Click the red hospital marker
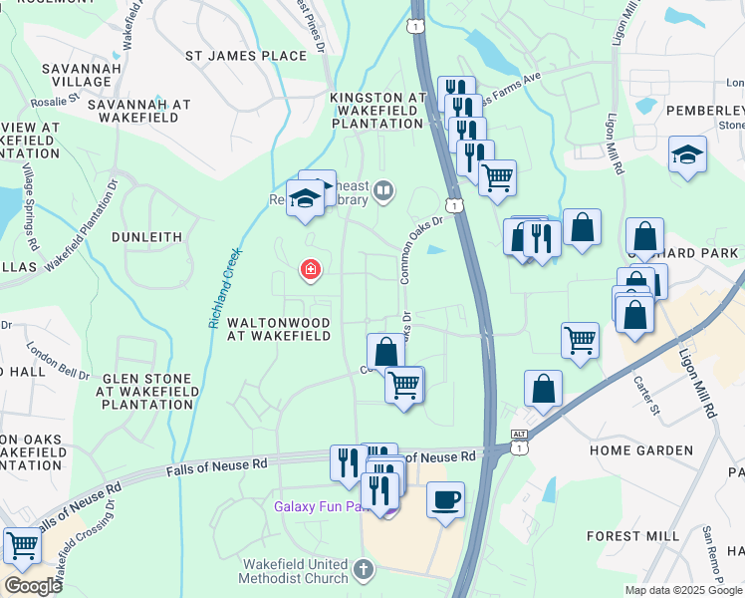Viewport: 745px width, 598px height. coord(311,270)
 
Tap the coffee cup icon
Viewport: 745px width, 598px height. coord(445,497)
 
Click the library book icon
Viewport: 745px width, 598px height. coord(383,189)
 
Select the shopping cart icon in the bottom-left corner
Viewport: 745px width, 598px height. coord(22,545)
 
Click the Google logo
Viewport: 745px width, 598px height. coord(33,586)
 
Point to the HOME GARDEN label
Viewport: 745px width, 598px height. coord(640,450)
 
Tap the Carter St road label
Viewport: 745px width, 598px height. coord(647,396)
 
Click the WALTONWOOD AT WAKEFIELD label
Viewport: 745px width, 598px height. coord(279,329)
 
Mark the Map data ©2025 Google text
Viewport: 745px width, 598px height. coord(682,590)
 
